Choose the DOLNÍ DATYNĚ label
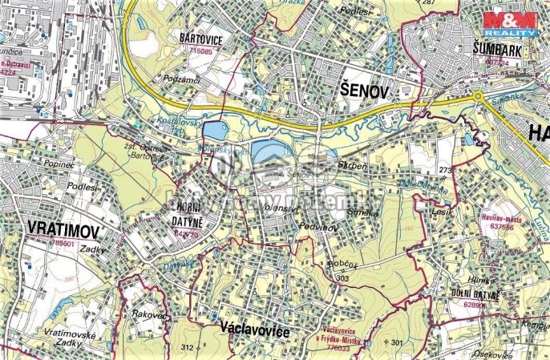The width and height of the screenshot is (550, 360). coord(475,294)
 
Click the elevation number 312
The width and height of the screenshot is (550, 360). coord(188,347)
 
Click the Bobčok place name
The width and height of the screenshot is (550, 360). coord(341,263)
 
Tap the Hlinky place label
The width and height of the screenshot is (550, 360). coord(483,280)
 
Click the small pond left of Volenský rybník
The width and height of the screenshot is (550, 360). coord(213,129)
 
